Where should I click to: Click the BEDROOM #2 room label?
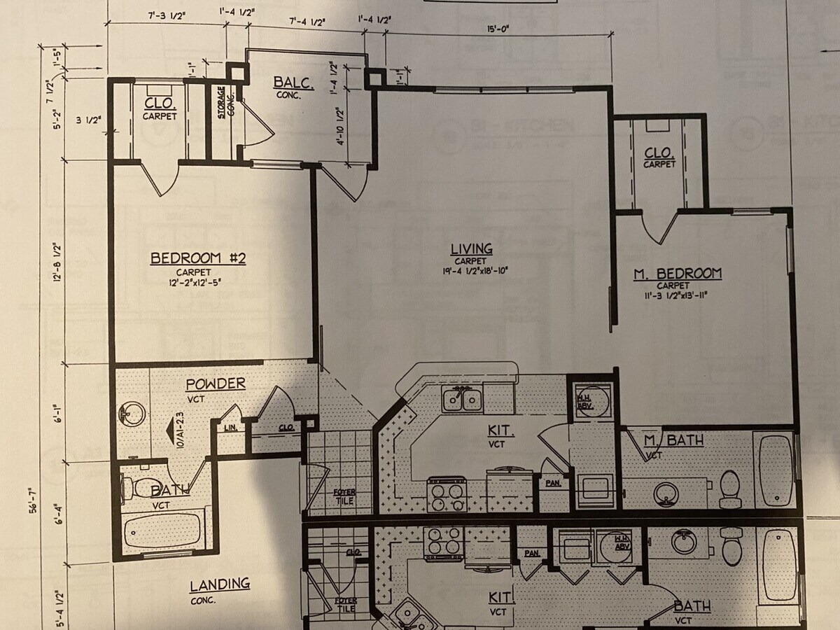pos(198,259)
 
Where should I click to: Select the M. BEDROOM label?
pos(677,274)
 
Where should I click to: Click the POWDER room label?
pos(215,384)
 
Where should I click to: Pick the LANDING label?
pos(220,584)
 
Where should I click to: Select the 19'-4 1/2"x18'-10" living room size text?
pos(471,271)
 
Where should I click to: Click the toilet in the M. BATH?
pos(729,487)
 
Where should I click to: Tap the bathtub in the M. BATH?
pos(776,469)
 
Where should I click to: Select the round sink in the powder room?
pos(131,414)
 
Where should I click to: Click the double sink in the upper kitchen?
pos(462,400)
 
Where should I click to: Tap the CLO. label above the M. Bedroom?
pos(659,153)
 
